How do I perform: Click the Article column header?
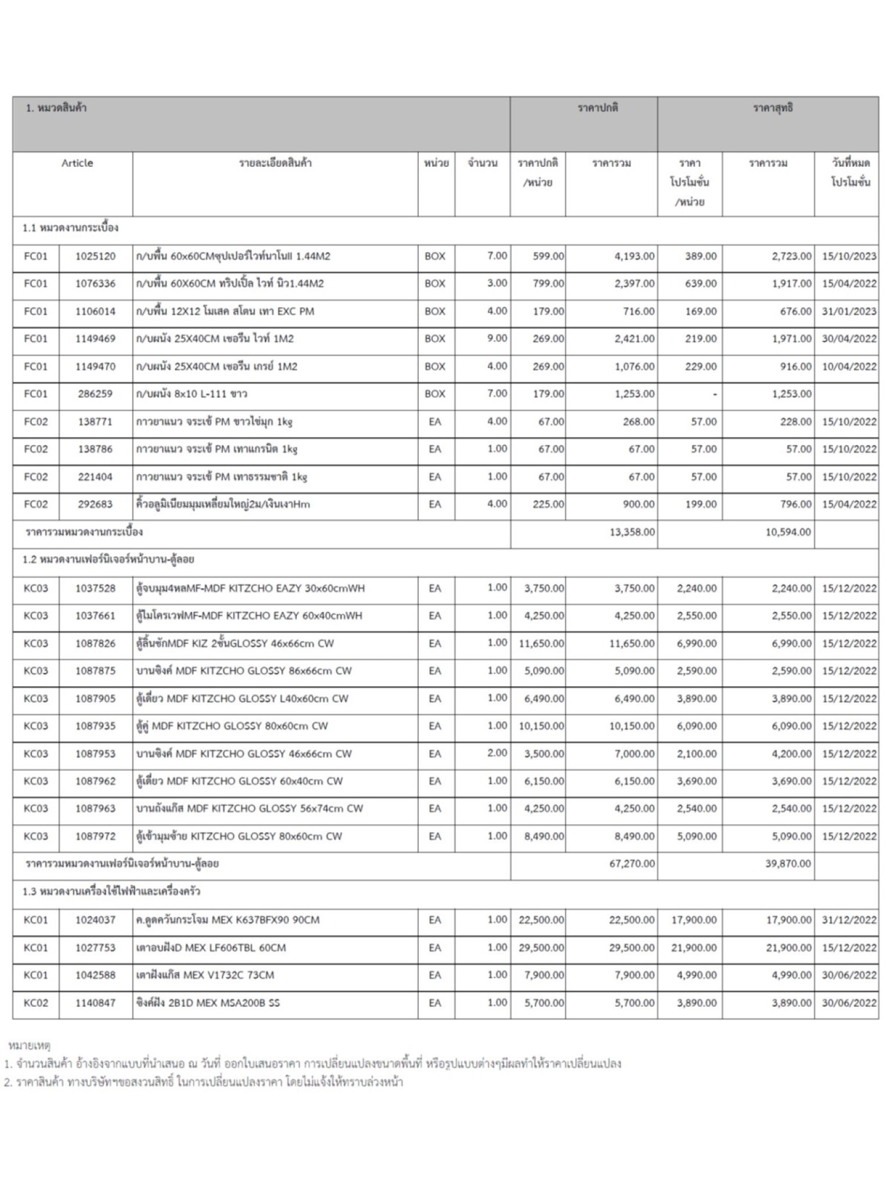click(x=77, y=163)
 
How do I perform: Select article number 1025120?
click(x=95, y=256)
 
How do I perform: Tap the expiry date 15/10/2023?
click(x=849, y=256)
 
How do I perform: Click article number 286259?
click(x=95, y=394)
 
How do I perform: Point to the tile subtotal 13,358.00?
click(x=632, y=532)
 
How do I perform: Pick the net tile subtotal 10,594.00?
click(x=788, y=532)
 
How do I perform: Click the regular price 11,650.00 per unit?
click(x=541, y=643)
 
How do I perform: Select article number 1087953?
click(x=95, y=754)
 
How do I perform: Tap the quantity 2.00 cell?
click(x=497, y=753)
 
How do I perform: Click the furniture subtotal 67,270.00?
click(x=632, y=864)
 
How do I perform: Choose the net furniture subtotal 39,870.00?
click(x=788, y=864)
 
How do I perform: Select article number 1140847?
click(x=95, y=1003)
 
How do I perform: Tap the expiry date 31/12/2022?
click(x=849, y=920)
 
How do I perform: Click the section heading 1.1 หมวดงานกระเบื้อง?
click(x=70, y=228)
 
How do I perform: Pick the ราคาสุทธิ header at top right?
click(x=773, y=108)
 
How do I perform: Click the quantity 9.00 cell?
click(x=497, y=338)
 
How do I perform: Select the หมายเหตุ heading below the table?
click(x=29, y=1045)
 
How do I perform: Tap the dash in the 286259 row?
click(x=714, y=395)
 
